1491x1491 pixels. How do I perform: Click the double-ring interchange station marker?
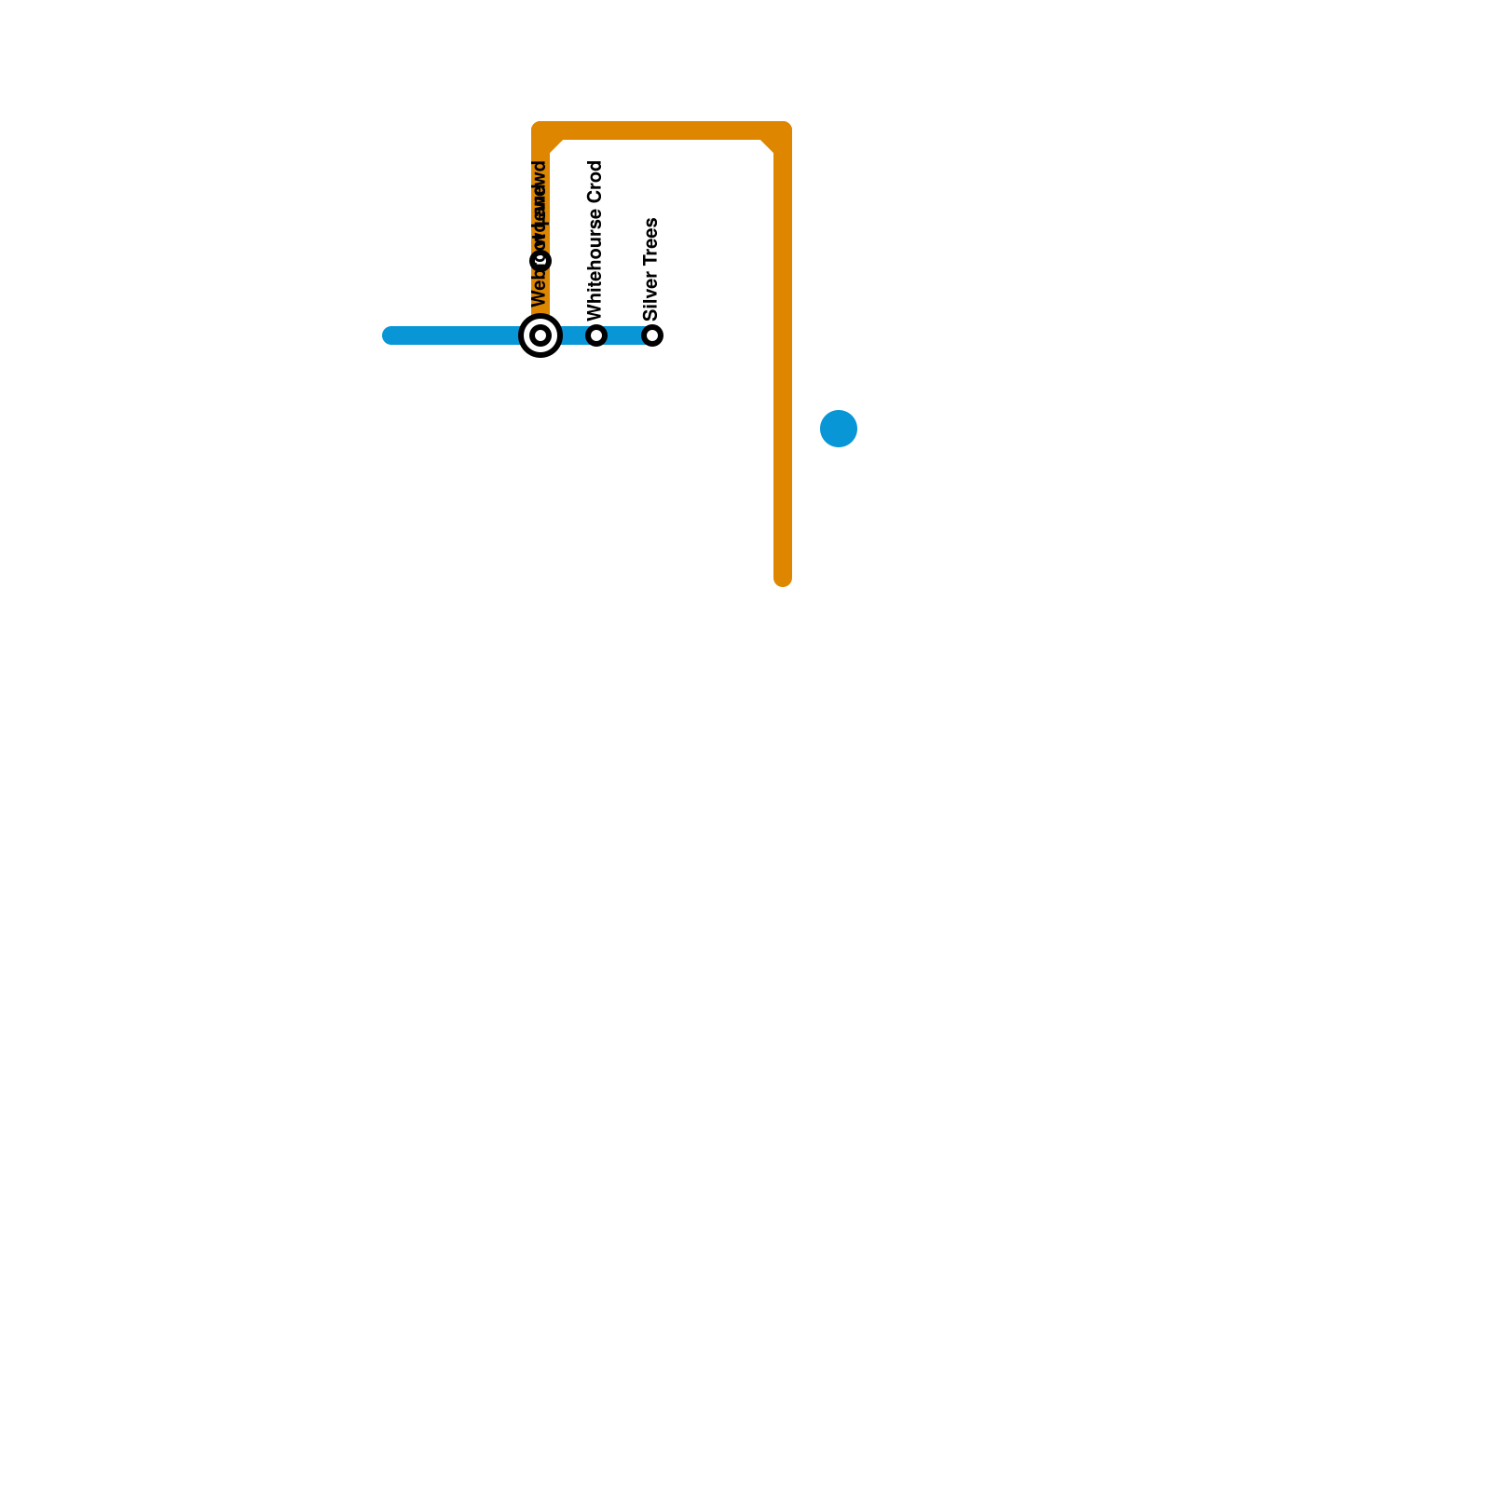coord(540,335)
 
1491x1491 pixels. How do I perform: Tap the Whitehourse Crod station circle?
coord(596,335)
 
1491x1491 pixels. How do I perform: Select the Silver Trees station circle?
coord(652,335)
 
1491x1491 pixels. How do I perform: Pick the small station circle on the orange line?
coord(540,261)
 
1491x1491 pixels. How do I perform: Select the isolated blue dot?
coord(839,429)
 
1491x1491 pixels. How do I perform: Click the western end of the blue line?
coord(390,335)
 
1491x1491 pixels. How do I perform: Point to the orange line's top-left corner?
coord(540,130)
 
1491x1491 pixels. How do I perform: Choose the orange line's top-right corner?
coord(783,130)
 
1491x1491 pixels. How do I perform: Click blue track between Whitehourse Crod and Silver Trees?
coord(624,335)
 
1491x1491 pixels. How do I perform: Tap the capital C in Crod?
coord(595,197)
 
